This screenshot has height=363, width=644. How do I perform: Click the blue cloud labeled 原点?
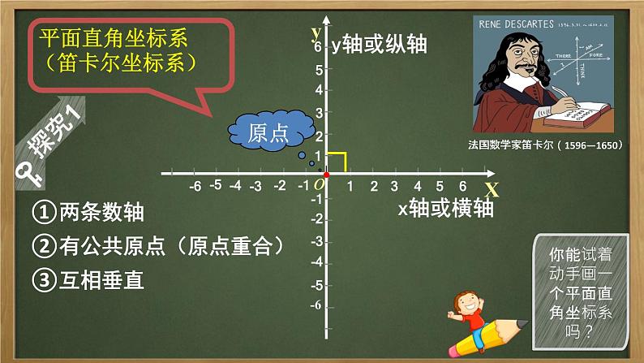(269, 132)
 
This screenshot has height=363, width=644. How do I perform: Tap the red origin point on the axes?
(326, 175)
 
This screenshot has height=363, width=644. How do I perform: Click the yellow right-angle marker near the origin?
(338, 162)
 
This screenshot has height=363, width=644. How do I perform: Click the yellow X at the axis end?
(491, 190)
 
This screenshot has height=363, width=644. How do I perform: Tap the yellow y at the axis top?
(315, 33)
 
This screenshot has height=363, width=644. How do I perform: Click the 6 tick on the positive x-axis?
(462, 186)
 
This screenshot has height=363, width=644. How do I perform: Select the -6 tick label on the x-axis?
(195, 186)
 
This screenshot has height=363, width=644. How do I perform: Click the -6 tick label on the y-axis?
(316, 305)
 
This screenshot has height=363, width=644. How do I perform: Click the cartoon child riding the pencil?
(468, 309)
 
